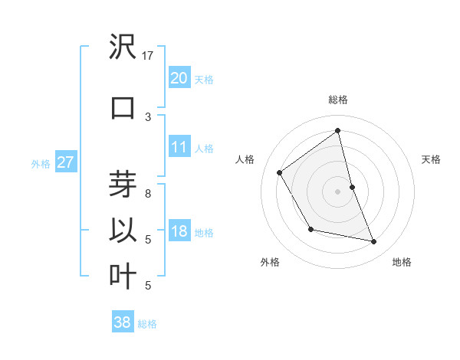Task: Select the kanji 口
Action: [123, 107]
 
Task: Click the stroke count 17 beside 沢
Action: [148, 55]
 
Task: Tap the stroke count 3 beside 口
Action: [148, 116]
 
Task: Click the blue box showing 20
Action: [179, 77]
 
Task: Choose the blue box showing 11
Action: [179, 147]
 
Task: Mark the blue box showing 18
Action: [179, 232]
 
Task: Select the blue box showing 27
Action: [65, 162]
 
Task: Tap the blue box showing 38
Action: [122, 322]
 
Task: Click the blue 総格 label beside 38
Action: [147, 324]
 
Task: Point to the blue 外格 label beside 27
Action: [41, 163]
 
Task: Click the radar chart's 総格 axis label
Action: [338, 100]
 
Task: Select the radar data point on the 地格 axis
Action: [374, 242]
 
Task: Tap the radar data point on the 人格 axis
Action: [280, 172]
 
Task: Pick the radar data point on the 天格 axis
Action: [352, 186]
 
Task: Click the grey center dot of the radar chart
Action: [338, 191]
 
